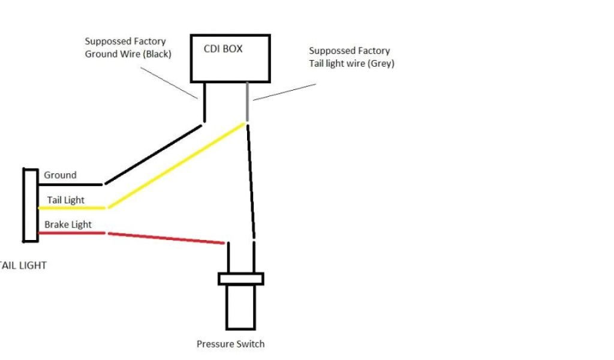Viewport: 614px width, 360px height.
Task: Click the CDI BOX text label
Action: pos(224,49)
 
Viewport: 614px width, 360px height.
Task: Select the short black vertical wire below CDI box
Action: pos(204,102)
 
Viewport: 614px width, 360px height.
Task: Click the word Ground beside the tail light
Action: pos(60,175)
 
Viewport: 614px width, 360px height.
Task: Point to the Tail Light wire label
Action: pos(65,200)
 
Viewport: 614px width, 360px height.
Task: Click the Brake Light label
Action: pos(68,224)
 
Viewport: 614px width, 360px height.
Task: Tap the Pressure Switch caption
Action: pos(230,344)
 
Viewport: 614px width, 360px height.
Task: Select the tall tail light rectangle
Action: pos(31,205)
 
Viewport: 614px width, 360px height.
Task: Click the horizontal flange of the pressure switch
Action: pos(240,279)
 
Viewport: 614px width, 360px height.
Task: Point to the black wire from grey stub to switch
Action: pos(251,180)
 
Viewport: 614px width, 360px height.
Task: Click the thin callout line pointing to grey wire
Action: pos(285,92)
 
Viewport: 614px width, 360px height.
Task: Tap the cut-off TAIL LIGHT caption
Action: pos(23,265)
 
